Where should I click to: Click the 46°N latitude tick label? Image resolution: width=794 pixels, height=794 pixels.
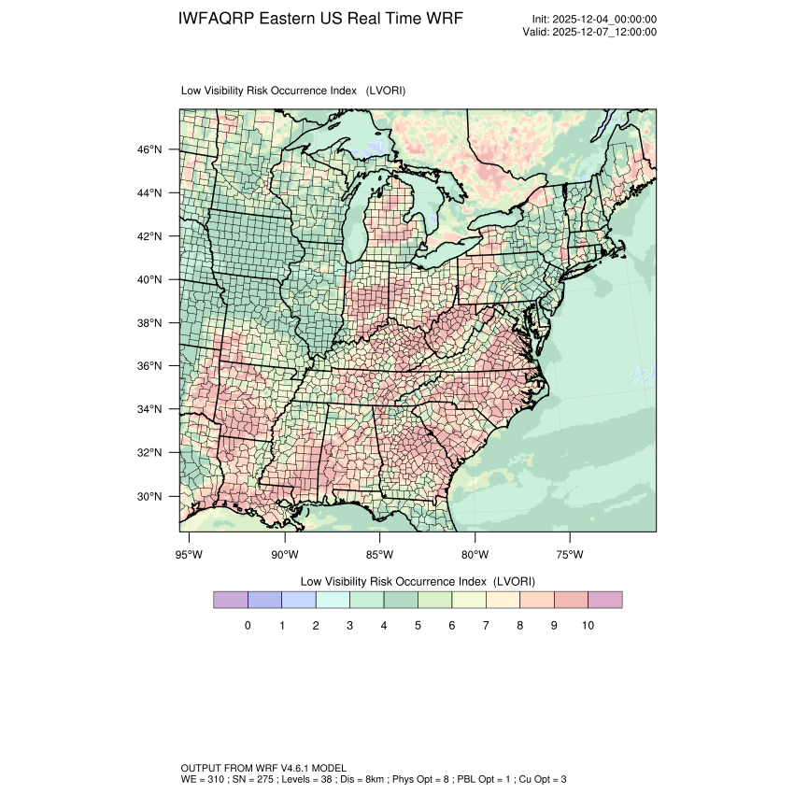pos(150,149)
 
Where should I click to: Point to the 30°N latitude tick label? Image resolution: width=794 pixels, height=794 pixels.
pos(150,496)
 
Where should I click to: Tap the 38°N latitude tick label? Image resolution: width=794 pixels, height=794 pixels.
pos(150,323)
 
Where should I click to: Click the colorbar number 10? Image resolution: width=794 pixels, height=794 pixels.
pos(588,625)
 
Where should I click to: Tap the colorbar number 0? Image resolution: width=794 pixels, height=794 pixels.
pos(248,625)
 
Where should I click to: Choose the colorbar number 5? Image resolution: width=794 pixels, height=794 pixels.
pos(418,625)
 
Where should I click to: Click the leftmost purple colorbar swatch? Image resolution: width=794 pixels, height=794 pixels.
pos(231,600)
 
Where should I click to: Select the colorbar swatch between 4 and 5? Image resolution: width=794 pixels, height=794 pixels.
pos(401,600)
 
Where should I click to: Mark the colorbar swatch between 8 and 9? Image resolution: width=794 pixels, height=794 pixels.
pos(537,600)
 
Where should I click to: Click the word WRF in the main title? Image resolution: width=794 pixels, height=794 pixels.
pos(443,20)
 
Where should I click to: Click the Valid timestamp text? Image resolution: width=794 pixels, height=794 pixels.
pos(589,32)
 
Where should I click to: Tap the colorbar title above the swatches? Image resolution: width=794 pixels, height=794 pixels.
pos(418,580)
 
